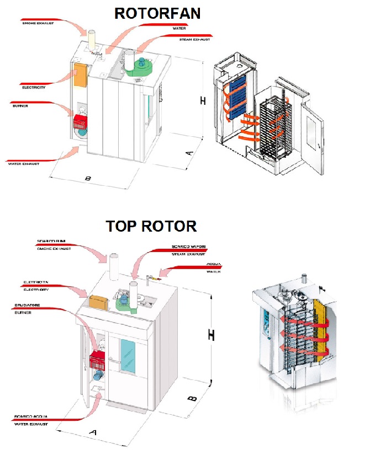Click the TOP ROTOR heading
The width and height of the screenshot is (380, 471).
tap(151, 226)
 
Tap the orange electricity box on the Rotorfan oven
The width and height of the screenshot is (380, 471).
tap(80, 74)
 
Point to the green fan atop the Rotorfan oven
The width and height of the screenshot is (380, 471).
tap(140, 66)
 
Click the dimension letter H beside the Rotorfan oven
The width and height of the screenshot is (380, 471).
tap(203, 101)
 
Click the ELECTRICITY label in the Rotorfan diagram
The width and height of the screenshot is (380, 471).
tap(34, 87)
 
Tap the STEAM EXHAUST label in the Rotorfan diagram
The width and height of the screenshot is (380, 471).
tap(195, 40)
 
